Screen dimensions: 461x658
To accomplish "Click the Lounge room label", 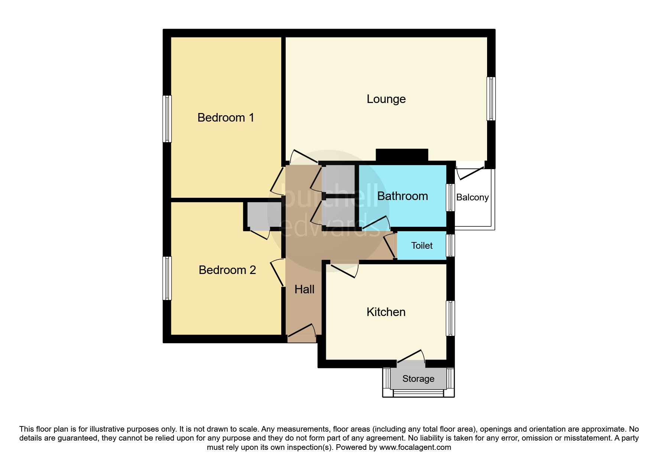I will (386, 99).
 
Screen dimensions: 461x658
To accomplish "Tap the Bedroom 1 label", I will (226, 117).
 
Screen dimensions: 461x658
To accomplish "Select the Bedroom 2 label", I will (227, 270).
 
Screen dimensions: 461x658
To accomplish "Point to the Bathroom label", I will (402, 196).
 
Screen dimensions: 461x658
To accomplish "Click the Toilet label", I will (422, 245).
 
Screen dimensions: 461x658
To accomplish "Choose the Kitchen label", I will (386, 312).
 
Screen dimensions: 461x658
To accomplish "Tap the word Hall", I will (304, 289).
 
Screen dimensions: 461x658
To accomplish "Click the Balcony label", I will (472, 197).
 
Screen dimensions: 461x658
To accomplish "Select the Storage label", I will (418, 378).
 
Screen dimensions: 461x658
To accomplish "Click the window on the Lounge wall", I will (491, 99).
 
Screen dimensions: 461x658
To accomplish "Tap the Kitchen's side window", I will (450, 318).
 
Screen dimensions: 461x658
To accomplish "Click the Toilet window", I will (450, 245).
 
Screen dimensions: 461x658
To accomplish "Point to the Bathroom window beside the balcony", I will (450, 197).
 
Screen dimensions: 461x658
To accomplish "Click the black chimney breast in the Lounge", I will (402, 155).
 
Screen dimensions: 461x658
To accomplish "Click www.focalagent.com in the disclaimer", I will (415, 447).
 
